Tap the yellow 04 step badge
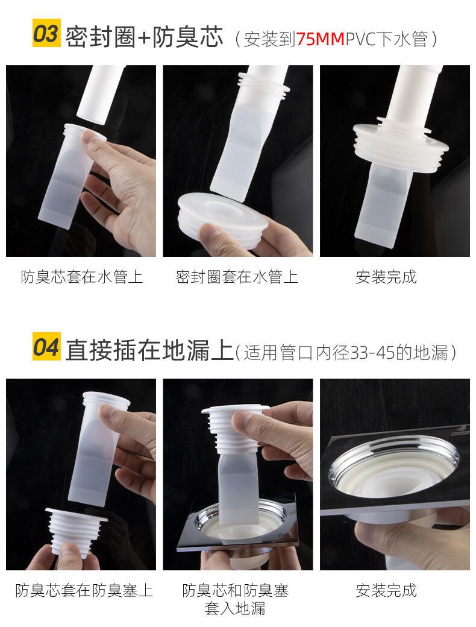pyautogui.click(x=46, y=347)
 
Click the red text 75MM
pyautogui.click(x=320, y=39)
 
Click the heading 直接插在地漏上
pyautogui.click(x=149, y=350)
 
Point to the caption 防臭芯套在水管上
pyautogui.click(x=81, y=277)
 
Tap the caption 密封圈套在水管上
pyautogui.click(x=237, y=277)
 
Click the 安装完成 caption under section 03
pyautogui.click(x=386, y=277)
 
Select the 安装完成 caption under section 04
pyautogui.click(x=386, y=590)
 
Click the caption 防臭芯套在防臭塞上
pyautogui.click(x=84, y=590)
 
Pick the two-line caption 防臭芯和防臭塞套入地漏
pyautogui.click(x=236, y=599)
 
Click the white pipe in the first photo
pyautogui.click(x=100, y=95)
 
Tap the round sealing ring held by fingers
pyautogui.click(x=223, y=218)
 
